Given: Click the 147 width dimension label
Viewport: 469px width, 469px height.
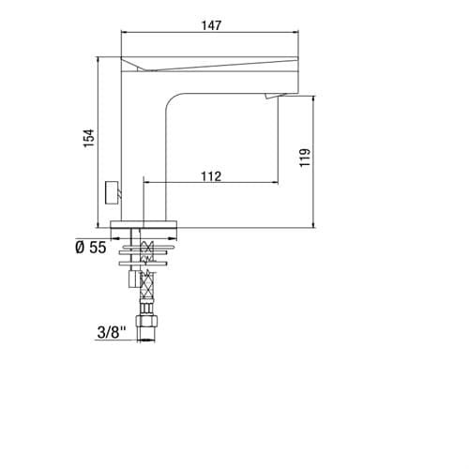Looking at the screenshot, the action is pos(211,25).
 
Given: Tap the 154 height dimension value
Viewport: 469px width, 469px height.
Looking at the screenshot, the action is pos(88,138).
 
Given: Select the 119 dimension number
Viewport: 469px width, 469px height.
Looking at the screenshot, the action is pos(305,158).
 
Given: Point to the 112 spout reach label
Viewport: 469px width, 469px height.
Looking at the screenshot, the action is pos(211,176).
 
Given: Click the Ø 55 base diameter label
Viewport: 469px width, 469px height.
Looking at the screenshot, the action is pos(91,248).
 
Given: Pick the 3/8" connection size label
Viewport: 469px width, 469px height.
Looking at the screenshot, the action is pos(112,332).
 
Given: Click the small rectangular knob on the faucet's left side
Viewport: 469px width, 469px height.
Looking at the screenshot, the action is pos(113,192).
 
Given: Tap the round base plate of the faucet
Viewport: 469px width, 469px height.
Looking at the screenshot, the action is pos(144,224).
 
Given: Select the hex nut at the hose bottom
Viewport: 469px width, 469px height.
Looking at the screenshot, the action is pos(146,322).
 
